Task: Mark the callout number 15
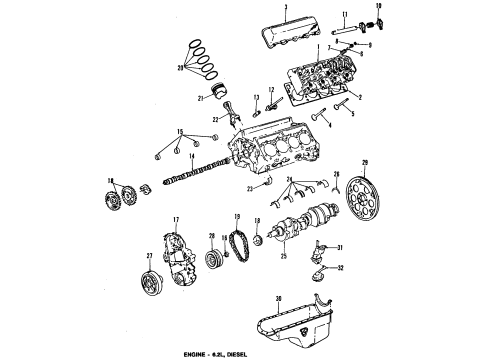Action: (x=180, y=132)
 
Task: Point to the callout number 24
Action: (x=289, y=179)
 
